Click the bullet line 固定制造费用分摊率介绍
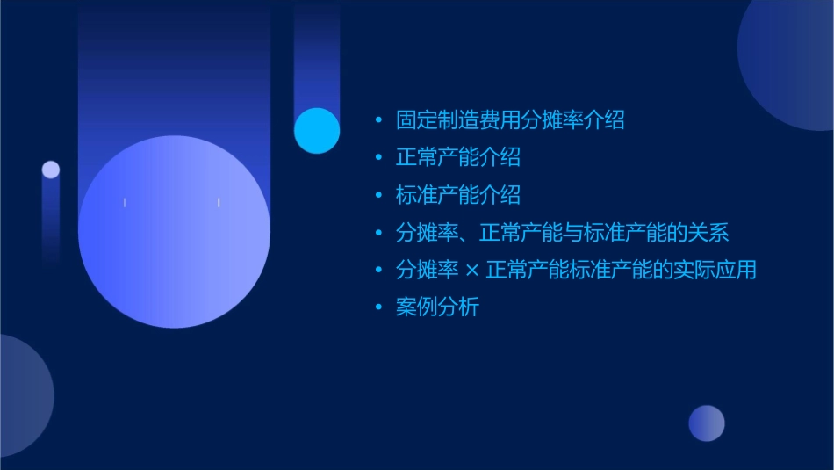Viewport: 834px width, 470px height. [510, 119]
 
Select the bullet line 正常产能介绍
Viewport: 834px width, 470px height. [457, 157]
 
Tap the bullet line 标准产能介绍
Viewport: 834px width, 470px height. [457, 195]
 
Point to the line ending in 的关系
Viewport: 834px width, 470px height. [562, 233]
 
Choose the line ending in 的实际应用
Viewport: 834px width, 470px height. [575, 271]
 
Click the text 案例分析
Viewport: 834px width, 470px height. [437, 307]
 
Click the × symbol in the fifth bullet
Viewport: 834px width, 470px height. [472, 271]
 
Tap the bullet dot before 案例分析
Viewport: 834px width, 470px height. [378, 307]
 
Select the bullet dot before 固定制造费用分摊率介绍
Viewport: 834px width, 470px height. [378, 120]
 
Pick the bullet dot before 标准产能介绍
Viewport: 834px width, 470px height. [378, 195]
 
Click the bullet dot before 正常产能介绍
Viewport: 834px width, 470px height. [378, 157]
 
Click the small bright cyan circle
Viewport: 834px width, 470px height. [317, 130]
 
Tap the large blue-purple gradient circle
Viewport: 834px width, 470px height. [174, 232]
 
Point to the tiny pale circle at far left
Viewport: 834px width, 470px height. [51, 170]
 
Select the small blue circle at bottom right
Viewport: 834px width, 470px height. [707, 423]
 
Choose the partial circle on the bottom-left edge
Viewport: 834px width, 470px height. [22, 395]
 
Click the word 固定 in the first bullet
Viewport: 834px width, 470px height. [416, 119]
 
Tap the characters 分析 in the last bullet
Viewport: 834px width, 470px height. [458, 307]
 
